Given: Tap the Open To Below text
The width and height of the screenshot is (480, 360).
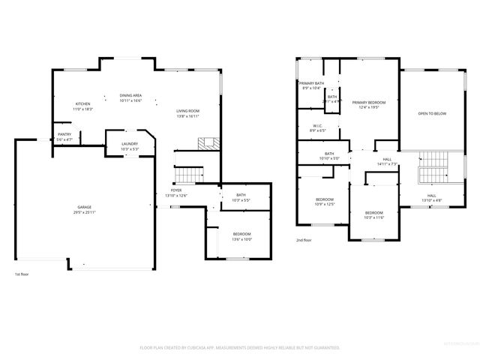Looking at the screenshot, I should pos(432,114).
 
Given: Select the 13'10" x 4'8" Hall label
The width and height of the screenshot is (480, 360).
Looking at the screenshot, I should pos(431,196).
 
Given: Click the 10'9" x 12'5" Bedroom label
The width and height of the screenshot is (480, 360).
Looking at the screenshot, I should pos(324,201).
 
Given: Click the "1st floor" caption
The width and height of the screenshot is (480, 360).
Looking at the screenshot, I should pos(23,274).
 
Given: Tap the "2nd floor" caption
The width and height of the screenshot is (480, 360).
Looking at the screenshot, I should pos(304,240).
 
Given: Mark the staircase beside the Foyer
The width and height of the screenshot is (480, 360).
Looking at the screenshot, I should pos(188,175).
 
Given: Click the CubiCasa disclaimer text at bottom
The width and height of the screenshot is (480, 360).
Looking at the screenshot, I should pos(240,348).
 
